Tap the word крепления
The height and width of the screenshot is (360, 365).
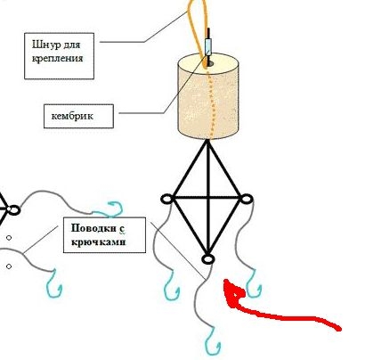click(x=58, y=58)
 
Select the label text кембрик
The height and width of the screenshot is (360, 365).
click(x=72, y=116)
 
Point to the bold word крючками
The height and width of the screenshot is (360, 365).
click(x=99, y=241)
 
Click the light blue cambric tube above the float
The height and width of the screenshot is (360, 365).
click(x=208, y=47)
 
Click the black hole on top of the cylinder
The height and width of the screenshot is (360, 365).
click(x=210, y=63)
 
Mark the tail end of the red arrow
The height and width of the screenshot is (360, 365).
click(x=338, y=329)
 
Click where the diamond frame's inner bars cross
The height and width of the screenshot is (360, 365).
click(x=208, y=197)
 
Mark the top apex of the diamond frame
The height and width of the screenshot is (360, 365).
click(x=207, y=141)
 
